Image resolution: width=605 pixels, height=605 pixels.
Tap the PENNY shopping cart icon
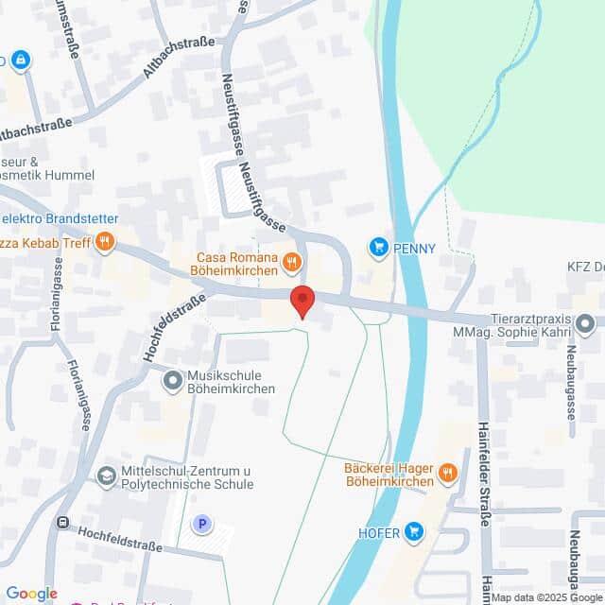point(379,248)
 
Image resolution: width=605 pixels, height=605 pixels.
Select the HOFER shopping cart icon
point(413,532)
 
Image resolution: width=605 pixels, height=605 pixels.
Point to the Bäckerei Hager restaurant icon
point(449,473)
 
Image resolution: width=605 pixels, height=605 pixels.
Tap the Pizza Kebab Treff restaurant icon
point(105,241)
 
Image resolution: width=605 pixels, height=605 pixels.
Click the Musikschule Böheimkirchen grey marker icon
point(172,381)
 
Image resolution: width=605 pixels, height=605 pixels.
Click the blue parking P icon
point(200,523)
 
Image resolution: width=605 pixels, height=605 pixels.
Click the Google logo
point(31,594)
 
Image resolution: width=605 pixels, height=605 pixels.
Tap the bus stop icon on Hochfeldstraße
point(62,521)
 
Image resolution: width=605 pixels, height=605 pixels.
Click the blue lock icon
point(21,60)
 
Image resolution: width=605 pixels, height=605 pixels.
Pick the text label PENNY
point(416,249)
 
